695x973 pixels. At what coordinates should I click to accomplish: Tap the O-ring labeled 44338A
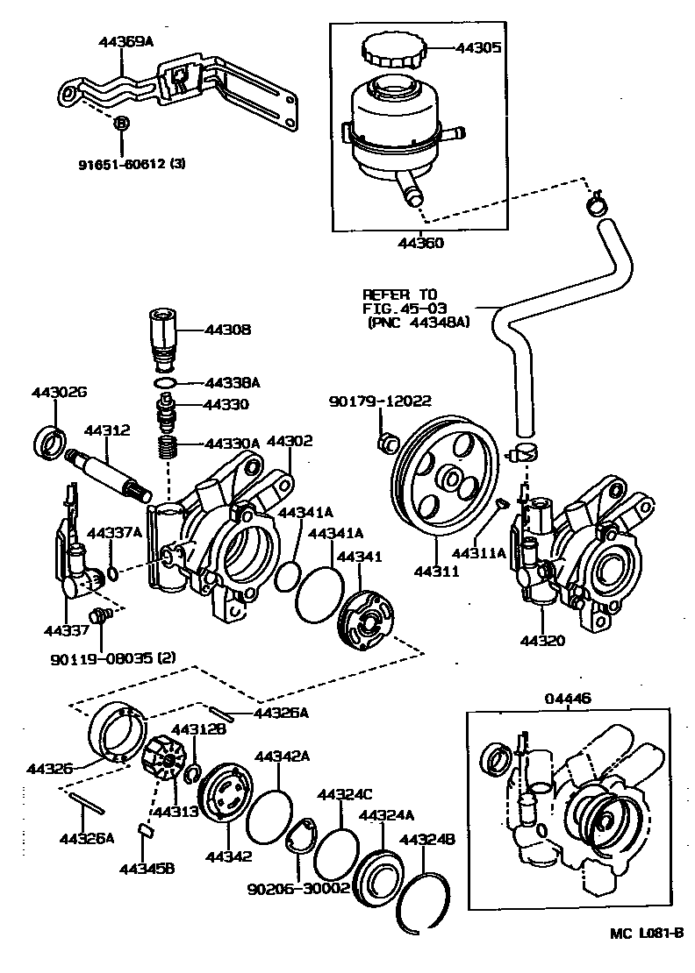(x=164, y=384)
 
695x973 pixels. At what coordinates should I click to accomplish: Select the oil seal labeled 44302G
(x=51, y=438)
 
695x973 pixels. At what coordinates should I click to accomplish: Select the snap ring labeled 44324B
(x=426, y=902)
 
